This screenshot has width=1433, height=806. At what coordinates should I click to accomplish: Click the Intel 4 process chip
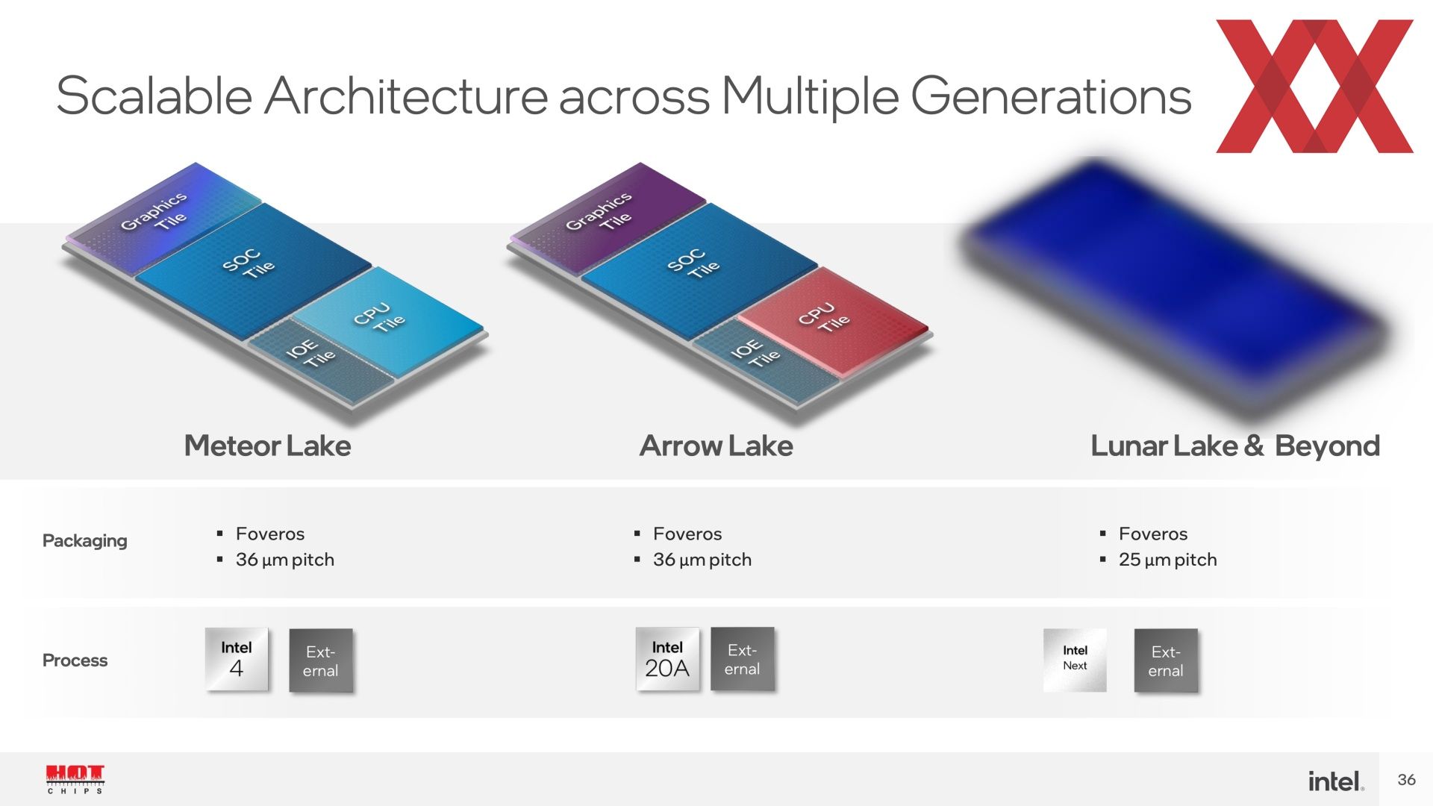click(x=237, y=659)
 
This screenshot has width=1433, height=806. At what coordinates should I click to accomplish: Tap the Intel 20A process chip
click(x=667, y=659)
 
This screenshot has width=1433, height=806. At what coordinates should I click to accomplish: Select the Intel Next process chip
click(x=1075, y=660)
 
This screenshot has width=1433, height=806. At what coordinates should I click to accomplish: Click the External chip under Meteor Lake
click(x=321, y=660)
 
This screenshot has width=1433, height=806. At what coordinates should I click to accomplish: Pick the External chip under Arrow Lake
click(x=743, y=659)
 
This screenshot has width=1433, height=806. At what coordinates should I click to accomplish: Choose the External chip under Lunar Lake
click(x=1166, y=660)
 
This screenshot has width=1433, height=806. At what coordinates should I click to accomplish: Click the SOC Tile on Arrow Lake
click(x=698, y=267)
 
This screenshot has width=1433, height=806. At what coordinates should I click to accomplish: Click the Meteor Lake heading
click(x=267, y=446)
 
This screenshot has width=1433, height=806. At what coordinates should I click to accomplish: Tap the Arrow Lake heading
click(x=716, y=446)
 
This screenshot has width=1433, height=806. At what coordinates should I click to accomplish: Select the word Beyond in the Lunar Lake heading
click(x=1327, y=446)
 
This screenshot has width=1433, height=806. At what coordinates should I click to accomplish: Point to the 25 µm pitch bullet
click(x=1167, y=560)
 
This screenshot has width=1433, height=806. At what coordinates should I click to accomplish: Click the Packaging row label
click(x=84, y=541)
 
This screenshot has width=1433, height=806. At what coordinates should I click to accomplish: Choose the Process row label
click(x=75, y=660)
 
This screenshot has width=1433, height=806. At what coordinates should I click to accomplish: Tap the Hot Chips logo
click(x=75, y=779)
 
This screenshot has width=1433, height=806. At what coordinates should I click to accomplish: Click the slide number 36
click(x=1407, y=780)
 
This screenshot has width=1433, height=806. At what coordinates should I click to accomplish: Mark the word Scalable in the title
click(x=154, y=96)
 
